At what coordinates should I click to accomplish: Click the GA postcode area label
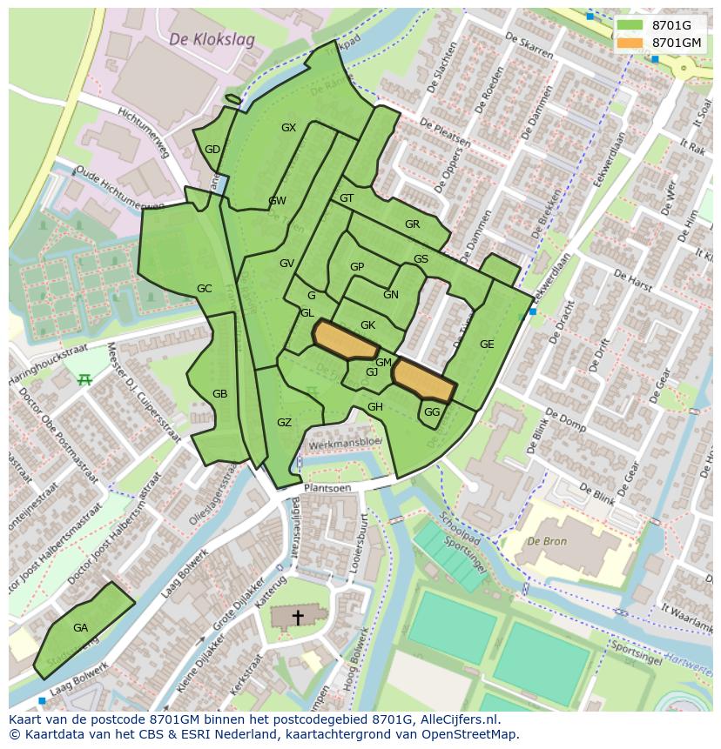click(80, 627)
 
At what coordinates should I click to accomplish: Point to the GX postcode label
click(288, 128)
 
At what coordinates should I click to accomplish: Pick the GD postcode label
click(212, 150)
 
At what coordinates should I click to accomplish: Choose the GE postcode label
click(487, 344)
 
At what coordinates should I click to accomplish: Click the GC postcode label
click(204, 289)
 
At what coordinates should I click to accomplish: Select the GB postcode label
click(219, 394)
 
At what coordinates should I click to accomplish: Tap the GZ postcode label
click(284, 423)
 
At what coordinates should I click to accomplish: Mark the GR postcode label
click(412, 224)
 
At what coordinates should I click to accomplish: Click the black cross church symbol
click(298, 618)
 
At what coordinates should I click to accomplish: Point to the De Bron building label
click(547, 541)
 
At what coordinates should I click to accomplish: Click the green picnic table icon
click(84, 379)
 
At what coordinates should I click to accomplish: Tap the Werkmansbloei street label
click(345, 442)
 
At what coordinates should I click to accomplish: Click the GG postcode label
click(432, 412)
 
